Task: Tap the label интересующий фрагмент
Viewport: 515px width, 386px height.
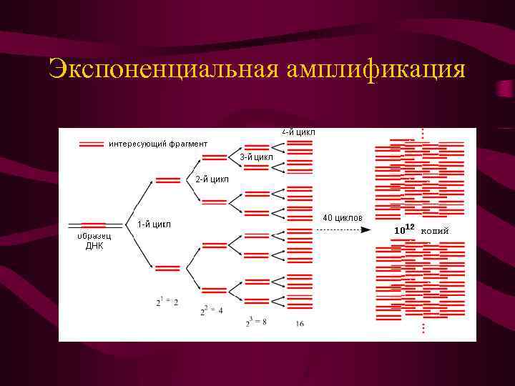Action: (x=158, y=144)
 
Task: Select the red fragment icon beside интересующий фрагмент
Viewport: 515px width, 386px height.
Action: (x=92, y=144)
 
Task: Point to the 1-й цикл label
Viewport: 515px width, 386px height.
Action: (x=154, y=224)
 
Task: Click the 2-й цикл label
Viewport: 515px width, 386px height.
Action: (x=212, y=179)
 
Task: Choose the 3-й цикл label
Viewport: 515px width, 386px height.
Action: (x=256, y=157)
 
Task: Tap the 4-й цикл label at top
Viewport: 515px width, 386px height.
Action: (x=298, y=132)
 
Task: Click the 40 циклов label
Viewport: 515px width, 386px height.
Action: (x=342, y=217)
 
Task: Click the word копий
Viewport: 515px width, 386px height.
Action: (x=435, y=230)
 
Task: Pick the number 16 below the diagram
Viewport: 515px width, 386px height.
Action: (x=300, y=324)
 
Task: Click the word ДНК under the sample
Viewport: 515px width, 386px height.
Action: (x=94, y=245)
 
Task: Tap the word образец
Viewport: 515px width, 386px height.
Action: (x=94, y=236)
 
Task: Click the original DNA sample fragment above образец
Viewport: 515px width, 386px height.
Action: (x=94, y=226)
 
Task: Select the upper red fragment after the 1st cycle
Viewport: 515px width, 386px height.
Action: (x=167, y=180)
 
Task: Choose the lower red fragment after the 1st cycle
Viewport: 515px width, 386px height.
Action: (x=167, y=268)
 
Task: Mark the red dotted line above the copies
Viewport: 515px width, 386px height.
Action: (x=423, y=134)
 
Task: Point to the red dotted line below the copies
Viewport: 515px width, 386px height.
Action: (x=423, y=327)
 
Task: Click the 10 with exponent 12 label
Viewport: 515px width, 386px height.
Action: (x=404, y=229)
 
